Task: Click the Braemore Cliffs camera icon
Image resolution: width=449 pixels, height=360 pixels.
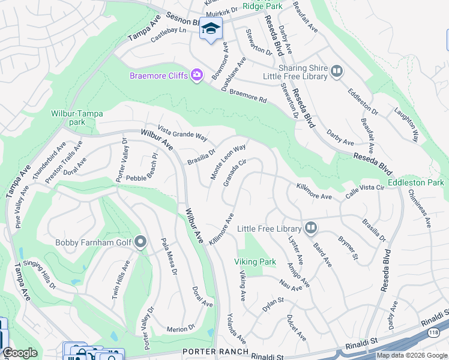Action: point(196,75)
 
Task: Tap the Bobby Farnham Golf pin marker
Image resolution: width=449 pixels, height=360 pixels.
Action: point(140,242)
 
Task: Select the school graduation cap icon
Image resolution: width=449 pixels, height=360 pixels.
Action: point(211,29)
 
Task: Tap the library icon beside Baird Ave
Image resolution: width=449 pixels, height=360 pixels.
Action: point(310,228)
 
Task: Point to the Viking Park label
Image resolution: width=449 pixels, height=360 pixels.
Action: point(255,262)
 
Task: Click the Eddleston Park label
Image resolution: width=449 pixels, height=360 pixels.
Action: point(415,182)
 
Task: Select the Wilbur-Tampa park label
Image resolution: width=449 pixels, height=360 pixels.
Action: point(77,118)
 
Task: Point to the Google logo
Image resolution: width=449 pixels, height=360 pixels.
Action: point(20,353)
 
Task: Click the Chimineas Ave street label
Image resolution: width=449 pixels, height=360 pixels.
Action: point(419,208)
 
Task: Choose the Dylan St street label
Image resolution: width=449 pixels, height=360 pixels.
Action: point(273,304)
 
